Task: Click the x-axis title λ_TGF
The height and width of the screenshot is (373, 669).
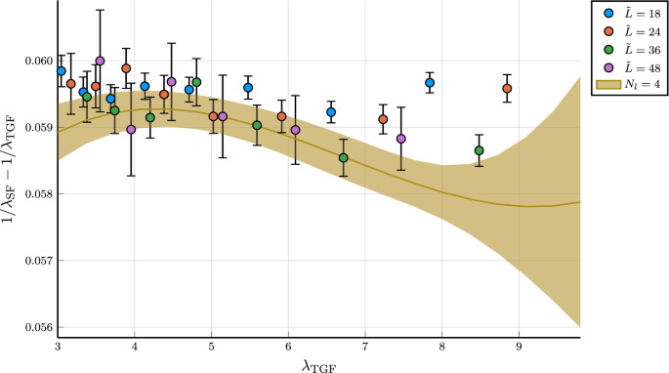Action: pos(319,364)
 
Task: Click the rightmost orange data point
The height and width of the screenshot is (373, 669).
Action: pos(507,89)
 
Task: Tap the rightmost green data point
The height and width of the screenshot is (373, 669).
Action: pos(479,150)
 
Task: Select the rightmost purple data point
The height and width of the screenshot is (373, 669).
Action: pos(401,139)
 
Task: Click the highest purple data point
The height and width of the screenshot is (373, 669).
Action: pos(100,61)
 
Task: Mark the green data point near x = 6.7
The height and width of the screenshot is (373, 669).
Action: pos(344,158)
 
